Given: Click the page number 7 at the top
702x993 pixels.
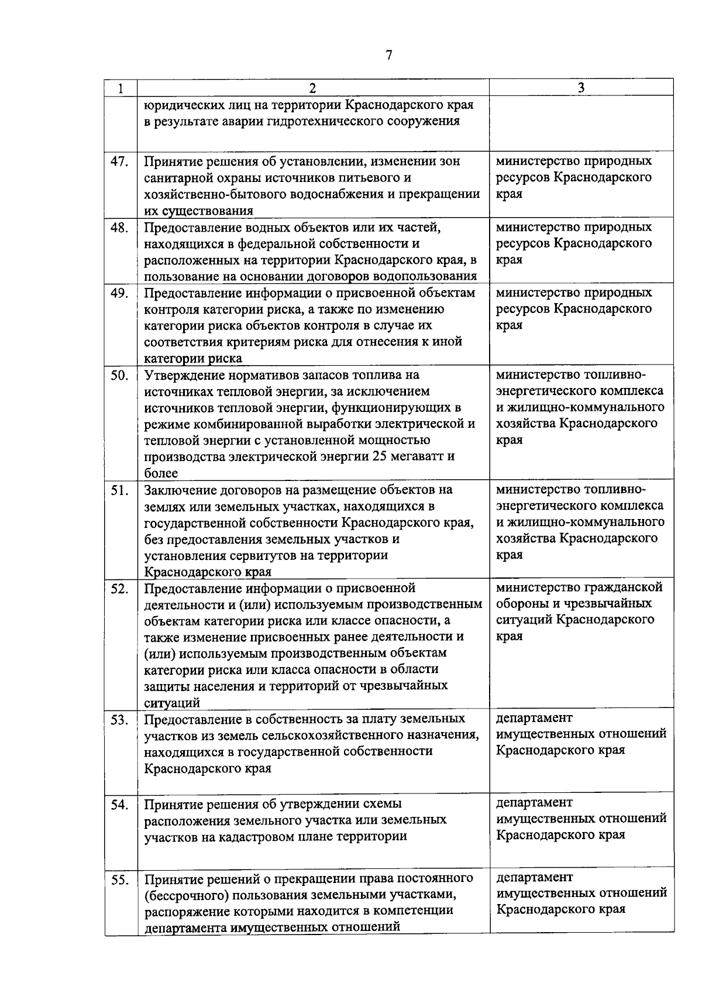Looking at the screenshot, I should [389, 55].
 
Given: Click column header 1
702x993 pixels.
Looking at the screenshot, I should [120, 88].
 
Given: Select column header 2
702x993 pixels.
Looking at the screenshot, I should [312, 88].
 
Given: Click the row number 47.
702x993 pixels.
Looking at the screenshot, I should [119, 162].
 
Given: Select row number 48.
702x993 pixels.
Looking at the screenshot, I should [119, 228].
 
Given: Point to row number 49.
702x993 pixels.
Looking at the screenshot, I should [119, 293].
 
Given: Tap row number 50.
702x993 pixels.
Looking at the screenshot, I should [119, 375].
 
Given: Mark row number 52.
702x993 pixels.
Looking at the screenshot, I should [119, 589].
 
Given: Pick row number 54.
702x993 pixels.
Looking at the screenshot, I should [119, 805].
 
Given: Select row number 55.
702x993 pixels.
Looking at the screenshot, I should [119, 879].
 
